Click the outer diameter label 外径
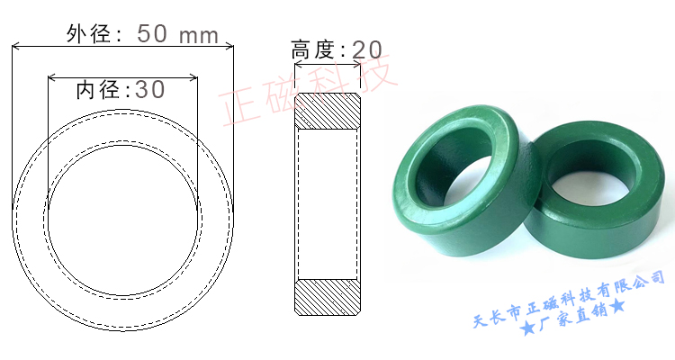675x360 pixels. [x=87, y=34]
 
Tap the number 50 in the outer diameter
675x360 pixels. [x=153, y=34]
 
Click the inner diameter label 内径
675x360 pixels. [x=97, y=90]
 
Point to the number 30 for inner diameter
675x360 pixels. [x=149, y=90]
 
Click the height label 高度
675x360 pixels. [x=312, y=49]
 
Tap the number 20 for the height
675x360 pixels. [x=366, y=49]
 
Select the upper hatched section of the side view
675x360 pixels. [x=328, y=112]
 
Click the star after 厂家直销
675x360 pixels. [x=619, y=310]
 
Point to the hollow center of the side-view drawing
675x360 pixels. [x=328, y=203]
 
